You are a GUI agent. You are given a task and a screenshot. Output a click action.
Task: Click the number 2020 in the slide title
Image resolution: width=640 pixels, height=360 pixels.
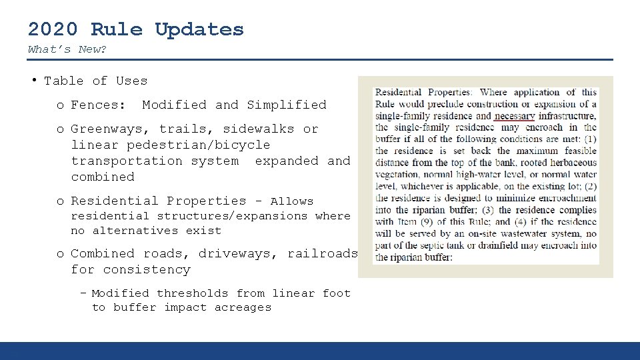coord(53,29)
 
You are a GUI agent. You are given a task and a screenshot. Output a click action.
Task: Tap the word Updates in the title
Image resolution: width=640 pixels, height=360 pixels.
coord(199,30)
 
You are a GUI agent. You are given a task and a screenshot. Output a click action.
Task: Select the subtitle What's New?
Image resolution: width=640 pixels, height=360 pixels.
coord(67,49)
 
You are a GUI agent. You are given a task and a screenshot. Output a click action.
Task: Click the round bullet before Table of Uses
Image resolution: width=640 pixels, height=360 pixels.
coord(33,80)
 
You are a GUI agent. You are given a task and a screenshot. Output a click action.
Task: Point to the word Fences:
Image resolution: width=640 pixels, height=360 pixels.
coord(98,105)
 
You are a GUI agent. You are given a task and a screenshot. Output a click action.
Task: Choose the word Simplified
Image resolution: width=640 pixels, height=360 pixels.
coord(287,105)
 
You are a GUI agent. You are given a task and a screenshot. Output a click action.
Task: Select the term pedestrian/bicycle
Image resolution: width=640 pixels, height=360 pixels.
coord(199,145)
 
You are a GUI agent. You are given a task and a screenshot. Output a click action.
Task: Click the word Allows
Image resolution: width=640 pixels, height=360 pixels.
coord(291,201)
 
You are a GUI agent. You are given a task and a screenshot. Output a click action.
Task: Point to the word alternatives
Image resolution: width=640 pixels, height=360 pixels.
coord(135,231)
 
